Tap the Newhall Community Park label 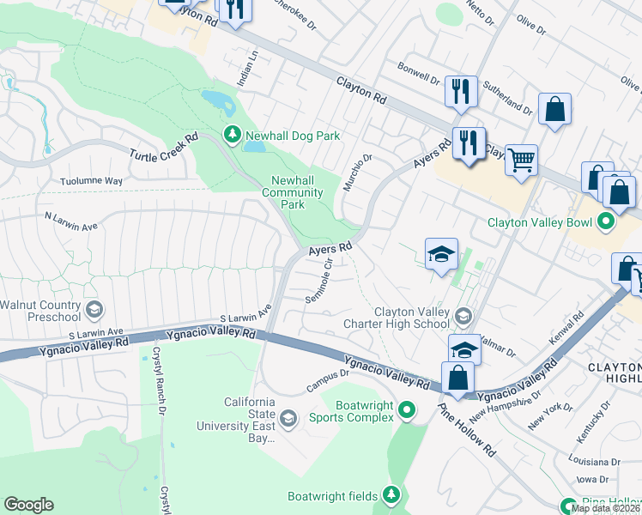tap(294, 192)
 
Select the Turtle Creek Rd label tap(163, 146)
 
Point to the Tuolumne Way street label tap(92, 181)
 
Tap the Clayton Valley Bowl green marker tap(606, 222)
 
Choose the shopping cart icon tap(521, 160)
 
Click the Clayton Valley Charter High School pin tap(463, 317)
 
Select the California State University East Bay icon tap(289, 418)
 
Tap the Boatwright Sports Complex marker tap(408, 411)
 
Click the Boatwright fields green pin tap(391, 494)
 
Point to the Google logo tap(28, 505)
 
